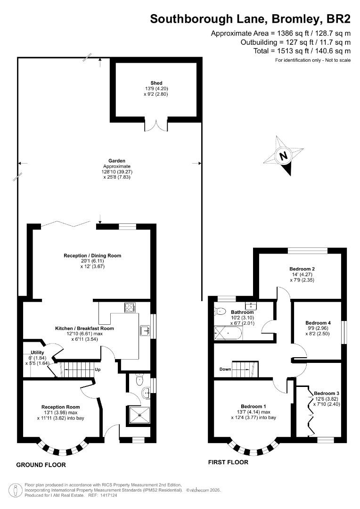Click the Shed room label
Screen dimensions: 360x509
pos(156,83)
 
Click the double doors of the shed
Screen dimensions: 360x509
pos(156,126)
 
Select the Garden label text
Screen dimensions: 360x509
pos(117,161)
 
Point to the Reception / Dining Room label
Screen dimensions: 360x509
pos(92,256)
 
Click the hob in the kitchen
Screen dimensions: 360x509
pos(130,307)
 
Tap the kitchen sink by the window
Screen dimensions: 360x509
pos(145,330)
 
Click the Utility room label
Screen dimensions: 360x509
pos(37,353)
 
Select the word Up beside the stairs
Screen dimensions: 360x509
pos(98,369)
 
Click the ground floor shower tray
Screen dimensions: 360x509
pos(140,415)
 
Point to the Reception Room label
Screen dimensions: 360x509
pos(60,407)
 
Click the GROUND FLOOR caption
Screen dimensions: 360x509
pos(41,465)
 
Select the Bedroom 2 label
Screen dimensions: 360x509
pos(302,269)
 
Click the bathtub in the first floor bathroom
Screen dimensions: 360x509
pos(228,333)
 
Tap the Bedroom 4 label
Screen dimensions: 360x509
pos(318,323)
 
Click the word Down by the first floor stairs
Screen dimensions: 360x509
pos(225,369)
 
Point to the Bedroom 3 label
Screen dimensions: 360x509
pos(327,394)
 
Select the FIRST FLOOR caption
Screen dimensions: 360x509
pos(228,462)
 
